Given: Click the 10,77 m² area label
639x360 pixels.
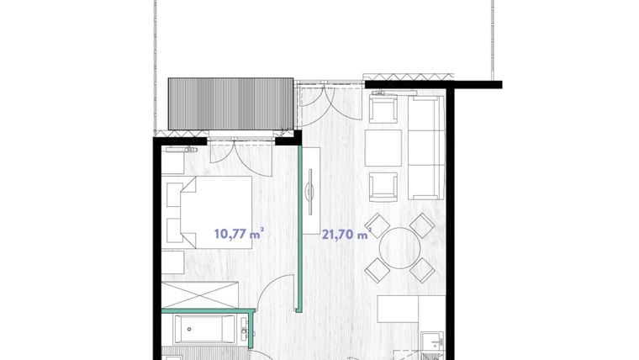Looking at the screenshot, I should click(237, 234).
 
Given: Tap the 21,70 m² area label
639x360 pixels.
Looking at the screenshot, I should click(346, 235).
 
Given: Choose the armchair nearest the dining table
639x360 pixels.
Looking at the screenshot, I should click(383, 187).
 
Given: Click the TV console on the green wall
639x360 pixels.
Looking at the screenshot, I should click(312, 189).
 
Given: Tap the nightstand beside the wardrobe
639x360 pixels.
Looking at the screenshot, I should click(175, 262).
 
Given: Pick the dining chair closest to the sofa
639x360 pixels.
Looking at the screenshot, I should click(421, 225).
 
